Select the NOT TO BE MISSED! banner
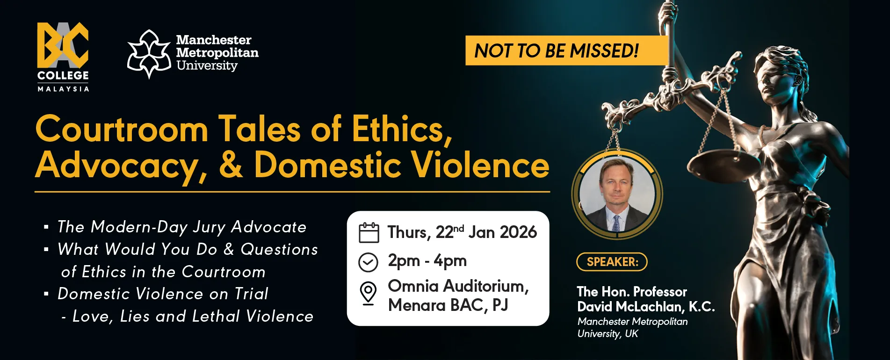click(x=566, y=50)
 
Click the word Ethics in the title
click(x=402, y=129)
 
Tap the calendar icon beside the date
click(x=369, y=232)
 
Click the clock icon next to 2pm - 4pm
click(x=368, y=262)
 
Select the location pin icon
click(x=368, y=294)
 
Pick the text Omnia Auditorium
click(x=458, y=286)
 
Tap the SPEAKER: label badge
click(x=612, y=262)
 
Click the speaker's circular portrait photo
click(x=617, y=194)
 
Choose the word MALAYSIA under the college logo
click(x=63, y=89)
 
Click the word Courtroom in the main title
click(x=122, y=130)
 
